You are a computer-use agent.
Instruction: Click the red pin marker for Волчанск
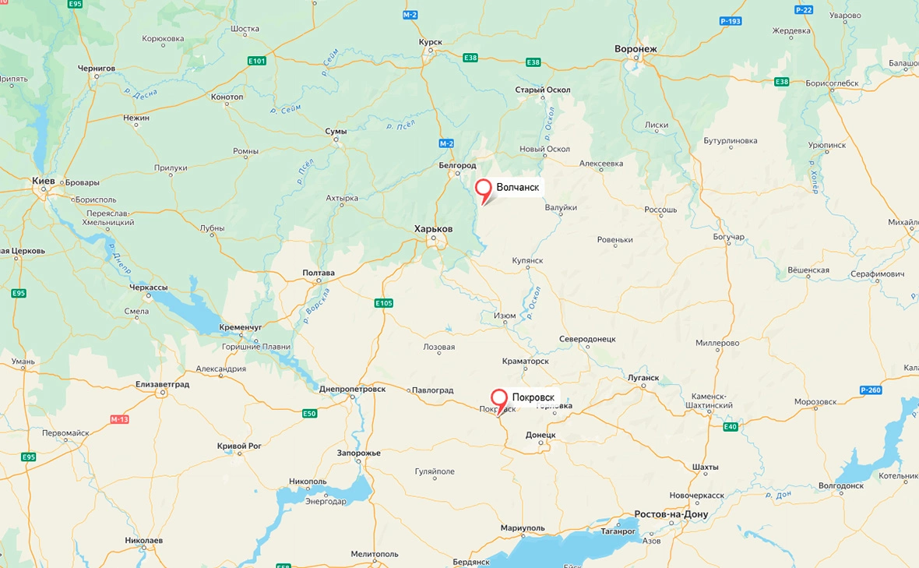pos(484,189)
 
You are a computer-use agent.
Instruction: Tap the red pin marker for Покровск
pos(499,399)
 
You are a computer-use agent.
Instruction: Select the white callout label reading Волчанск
pos(517,187)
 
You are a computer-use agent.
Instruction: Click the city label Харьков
pos(433,228)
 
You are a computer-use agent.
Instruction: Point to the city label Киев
pos(44,181)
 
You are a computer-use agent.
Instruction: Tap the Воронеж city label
pos(636,49)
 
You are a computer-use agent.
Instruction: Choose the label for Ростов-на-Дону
pos(671,514)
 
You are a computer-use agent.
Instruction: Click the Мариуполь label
pos(523,527)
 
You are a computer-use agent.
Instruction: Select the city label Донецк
pos(540,435)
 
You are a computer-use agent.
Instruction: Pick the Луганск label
pos(643,378)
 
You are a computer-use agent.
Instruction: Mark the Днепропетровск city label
pos(352,389)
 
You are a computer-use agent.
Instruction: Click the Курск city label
pos(431,41)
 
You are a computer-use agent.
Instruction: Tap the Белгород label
pos(457,165)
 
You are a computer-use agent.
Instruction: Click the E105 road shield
pos(383,303)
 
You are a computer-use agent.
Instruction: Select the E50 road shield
pos(309,413)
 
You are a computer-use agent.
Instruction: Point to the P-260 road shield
pos(871,390)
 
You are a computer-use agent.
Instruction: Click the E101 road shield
pos(256,61)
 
